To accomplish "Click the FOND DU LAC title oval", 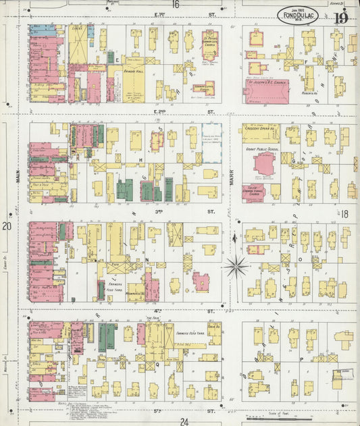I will (297, 14).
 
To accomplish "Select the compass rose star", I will (236, 265).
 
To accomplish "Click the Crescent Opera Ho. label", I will (262, 128).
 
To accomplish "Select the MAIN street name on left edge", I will (14, 177).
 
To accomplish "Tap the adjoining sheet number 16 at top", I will (176, 5).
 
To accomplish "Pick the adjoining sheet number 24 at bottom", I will (184, 421).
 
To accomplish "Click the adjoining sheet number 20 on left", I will (7, 227).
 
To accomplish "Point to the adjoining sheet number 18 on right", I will (344, 214).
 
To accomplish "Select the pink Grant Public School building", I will (264, 164).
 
